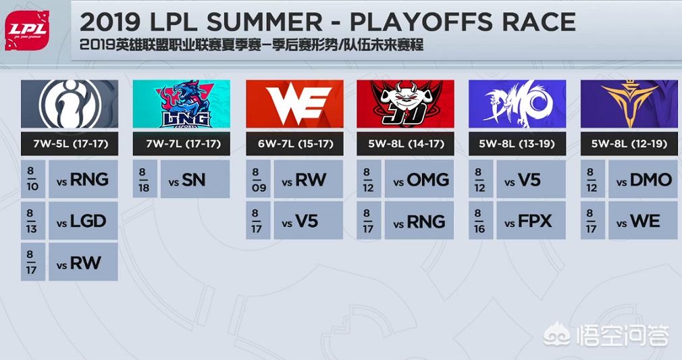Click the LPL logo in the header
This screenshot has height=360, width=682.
point(27,30)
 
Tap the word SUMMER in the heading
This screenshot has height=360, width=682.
point(264,22)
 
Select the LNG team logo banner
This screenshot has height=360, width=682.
point(182,104)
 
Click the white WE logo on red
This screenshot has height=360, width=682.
point(294,104)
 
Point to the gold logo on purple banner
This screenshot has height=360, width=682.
point(629,104)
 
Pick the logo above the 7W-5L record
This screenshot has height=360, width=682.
point(70,104)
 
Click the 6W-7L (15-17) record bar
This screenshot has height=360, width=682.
point(294,144)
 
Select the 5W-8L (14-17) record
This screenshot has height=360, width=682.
point(405,144)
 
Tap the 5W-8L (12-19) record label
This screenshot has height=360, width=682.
point(629,144)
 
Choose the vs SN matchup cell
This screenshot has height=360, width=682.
point(195,180)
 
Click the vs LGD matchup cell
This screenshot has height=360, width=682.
point(83,221)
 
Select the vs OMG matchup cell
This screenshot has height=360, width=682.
point(419,179)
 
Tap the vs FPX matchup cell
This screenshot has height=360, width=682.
point(531,220)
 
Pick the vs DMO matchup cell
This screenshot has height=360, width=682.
point(644,179)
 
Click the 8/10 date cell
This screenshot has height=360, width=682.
point(33,179)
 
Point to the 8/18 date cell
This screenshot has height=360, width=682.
point(145,180)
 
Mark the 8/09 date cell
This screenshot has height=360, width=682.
point(258,179)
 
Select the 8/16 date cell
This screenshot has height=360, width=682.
point(481,220)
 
